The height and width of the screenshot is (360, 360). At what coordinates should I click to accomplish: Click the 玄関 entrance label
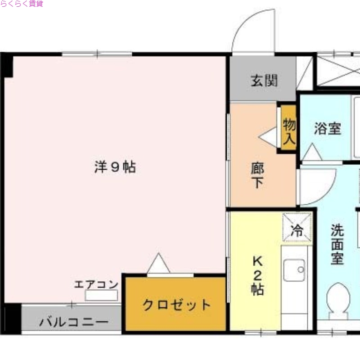[264, 81]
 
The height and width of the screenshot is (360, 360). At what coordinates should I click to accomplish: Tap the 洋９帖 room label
[115, 167]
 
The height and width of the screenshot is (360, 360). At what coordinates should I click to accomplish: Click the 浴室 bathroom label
[327, 129]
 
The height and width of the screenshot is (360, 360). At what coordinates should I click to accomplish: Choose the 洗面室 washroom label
[337, 245]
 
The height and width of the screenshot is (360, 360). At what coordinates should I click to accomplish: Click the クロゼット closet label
[176, 305]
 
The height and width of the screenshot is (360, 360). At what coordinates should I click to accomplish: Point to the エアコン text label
[96, 284]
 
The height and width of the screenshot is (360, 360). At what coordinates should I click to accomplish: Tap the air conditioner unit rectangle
[102, 296]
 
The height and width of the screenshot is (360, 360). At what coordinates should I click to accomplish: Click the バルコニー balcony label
[73, 322]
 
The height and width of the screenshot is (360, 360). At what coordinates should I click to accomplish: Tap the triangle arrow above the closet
[158, 264]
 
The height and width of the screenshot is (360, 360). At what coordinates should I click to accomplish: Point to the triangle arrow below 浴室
[312, 154]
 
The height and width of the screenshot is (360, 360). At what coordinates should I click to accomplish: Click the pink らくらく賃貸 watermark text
[22, 4]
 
